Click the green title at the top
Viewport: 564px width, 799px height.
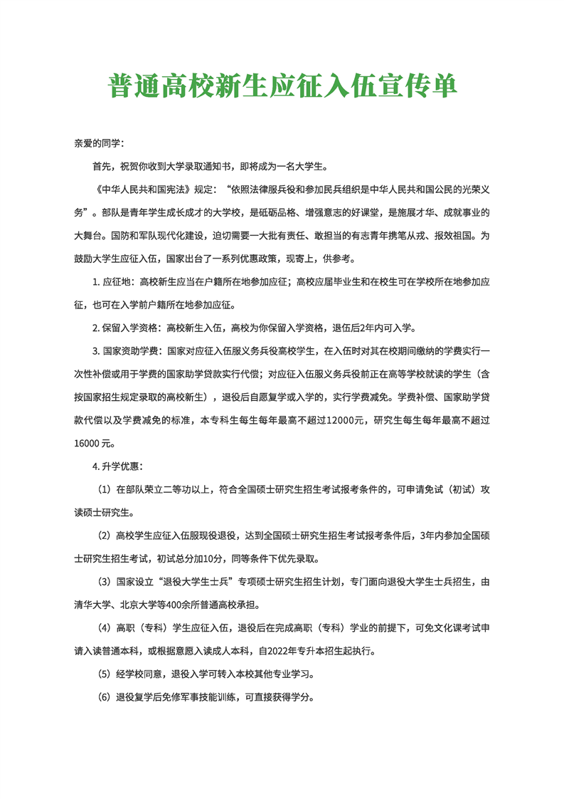click(x=282, y=86)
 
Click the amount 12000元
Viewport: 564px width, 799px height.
click(x=345, y=420)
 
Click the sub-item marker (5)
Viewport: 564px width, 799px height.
click(x=104, y=674)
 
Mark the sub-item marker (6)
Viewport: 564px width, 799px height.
click(x=104, y=697)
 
